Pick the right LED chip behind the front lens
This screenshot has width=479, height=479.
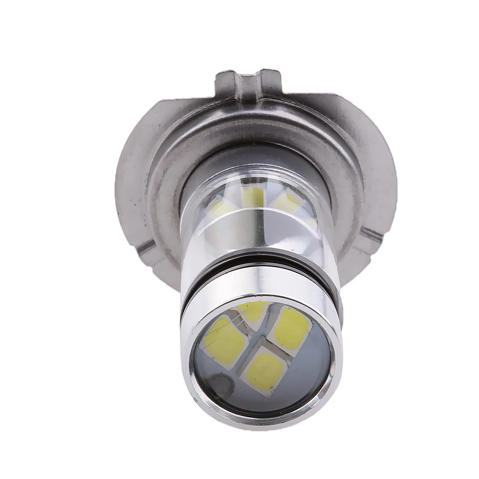click(x=292, y=329)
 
